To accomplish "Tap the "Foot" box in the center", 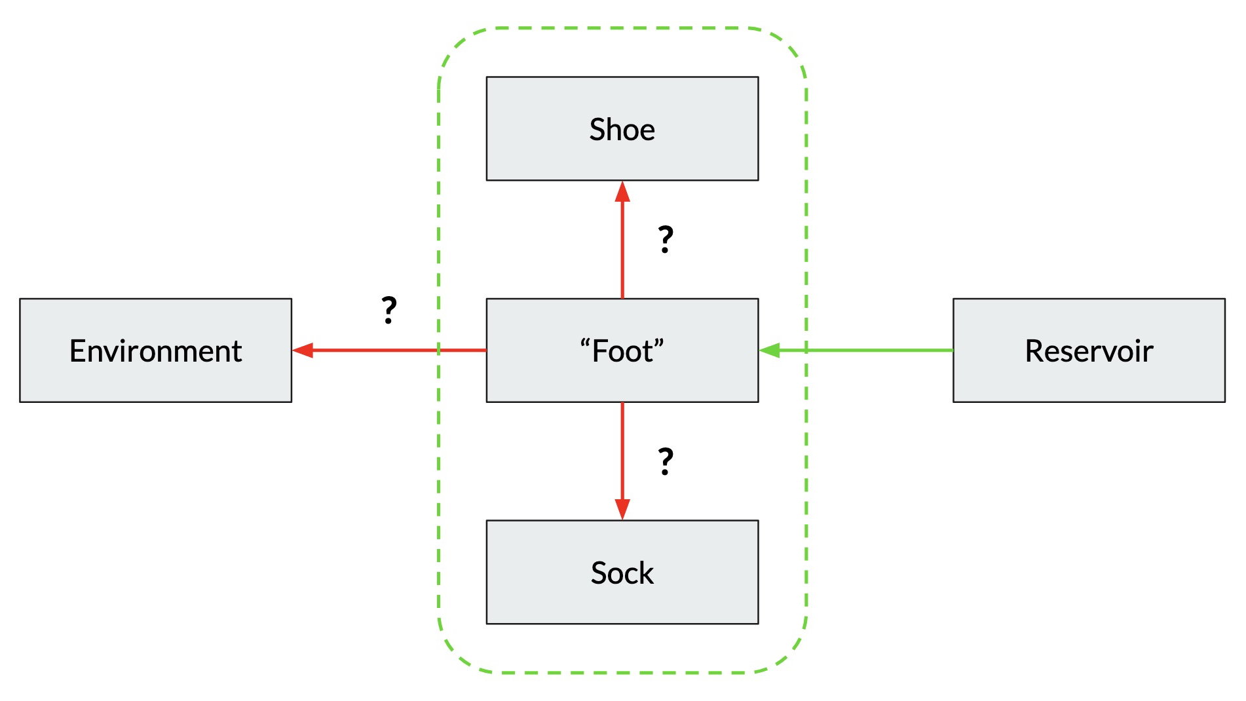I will [x=622, y=380].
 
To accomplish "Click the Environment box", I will [x=155, y=380].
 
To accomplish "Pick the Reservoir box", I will [x=1088, y=380].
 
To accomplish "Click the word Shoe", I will [x=622, y=129].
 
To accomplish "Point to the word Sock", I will [x=622, y=573].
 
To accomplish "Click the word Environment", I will [x=155, y=351].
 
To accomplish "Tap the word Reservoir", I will [x=1088, y=351].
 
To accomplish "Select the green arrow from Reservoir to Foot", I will [x=865, y=350].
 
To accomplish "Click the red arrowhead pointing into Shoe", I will [x=622, y=192].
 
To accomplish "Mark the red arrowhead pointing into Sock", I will [x=622, y=509].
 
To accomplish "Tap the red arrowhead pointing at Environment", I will [x=303, y=350].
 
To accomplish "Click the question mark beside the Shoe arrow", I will [x=666, y=239].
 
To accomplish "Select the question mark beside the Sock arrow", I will [x=666, y=461].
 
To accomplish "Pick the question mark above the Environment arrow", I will [x=389, y=310].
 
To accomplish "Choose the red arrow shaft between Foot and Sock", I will [x=622, y=452].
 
